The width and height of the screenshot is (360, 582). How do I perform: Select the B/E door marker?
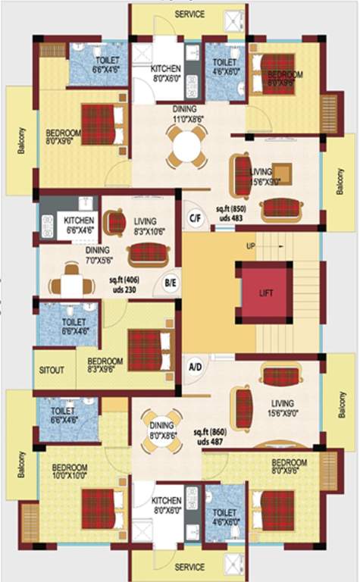pyautogui.click(x=170, y=283)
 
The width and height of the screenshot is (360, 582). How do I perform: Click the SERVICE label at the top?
pyautogui.click(x=189, y=14)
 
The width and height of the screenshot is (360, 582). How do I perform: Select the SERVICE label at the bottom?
pyautogui.click(x=189, y=567)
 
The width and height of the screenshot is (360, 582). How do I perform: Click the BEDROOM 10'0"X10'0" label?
pyautogui.click(x=70, y=471)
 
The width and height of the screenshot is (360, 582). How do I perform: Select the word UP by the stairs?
pyautogui.click(x=250, y=246)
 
